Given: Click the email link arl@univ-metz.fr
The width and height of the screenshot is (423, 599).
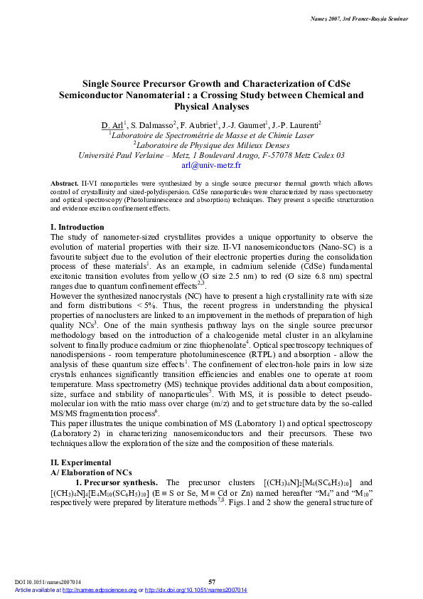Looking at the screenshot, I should (x=212, y=164).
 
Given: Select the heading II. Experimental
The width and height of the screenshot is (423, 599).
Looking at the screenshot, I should (x=76, y=462).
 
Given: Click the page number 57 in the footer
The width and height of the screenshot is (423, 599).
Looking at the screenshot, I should (x=212, y=582).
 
